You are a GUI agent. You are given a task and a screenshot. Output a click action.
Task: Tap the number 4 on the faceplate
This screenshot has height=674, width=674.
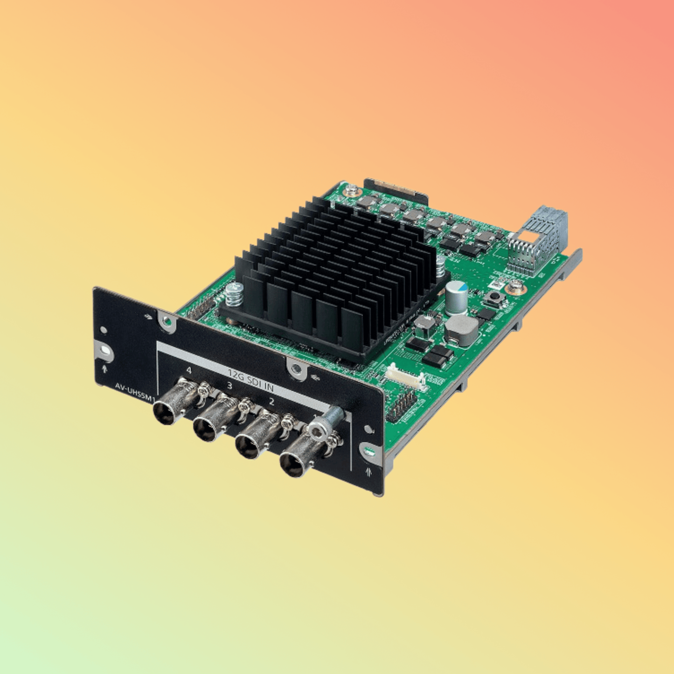[x=188, y=370]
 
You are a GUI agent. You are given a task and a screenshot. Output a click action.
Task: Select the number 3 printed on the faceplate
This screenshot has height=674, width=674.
[x=229, y=385]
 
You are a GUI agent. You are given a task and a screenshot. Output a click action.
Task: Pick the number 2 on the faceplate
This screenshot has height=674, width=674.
[x=271, y=401]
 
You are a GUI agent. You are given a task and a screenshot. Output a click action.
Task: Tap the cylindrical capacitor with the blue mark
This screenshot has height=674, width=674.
[x=456, y=297]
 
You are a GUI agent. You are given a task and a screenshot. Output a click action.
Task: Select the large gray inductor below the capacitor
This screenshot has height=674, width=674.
[x=461, y=330]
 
